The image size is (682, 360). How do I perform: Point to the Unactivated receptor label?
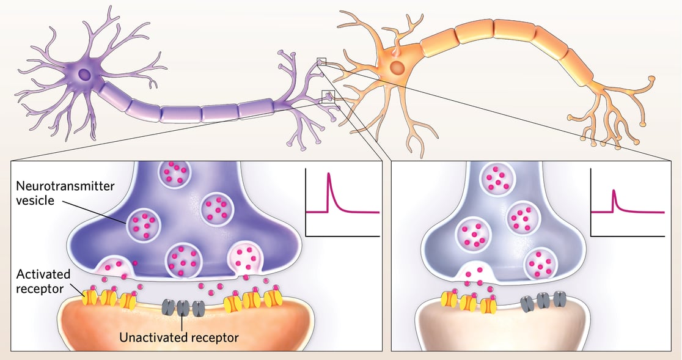(x=178, y=336)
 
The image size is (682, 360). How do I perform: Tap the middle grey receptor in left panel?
(x=183, y=307)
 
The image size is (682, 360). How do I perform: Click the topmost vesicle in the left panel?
(x=175, y=174)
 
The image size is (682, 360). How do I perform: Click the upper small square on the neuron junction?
(x=322, y=62)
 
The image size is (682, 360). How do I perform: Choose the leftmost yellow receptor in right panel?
(x=450, y=299)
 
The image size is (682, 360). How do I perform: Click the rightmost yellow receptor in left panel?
(x=271, y=299)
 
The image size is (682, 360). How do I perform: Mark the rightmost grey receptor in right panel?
(x=559, y=299)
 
